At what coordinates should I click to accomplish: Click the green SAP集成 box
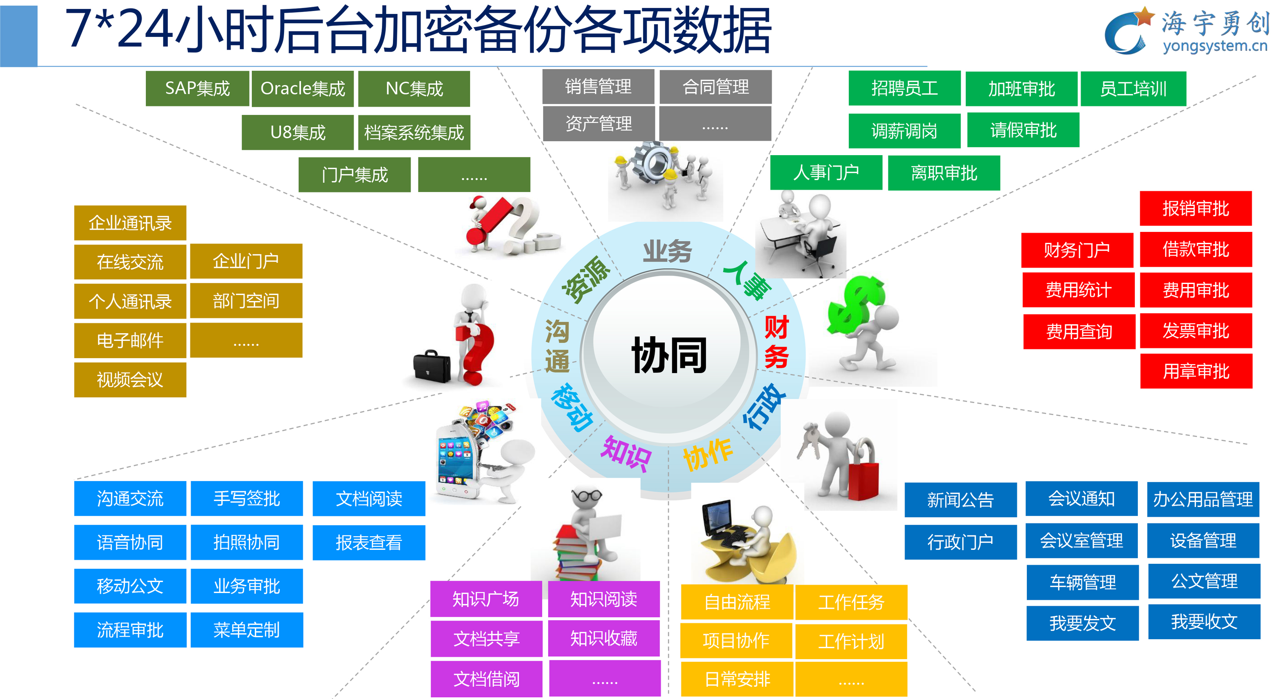click(197, 89)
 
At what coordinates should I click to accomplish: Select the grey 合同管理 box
click(715, 87)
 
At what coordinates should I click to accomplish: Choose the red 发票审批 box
click(1196, 331)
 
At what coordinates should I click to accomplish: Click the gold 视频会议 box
click(130, 380)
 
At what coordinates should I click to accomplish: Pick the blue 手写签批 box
click(247, 498)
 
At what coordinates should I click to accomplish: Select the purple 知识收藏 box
click(604, 638)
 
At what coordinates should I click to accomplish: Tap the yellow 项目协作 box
click(736, 641)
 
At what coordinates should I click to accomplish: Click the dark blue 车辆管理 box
click(1082, 582)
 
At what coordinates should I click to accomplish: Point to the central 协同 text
click(669, 355)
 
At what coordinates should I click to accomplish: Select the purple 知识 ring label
click(626, 454)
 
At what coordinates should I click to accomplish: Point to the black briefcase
click(432, 366)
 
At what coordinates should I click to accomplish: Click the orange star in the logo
click(1145, 17)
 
